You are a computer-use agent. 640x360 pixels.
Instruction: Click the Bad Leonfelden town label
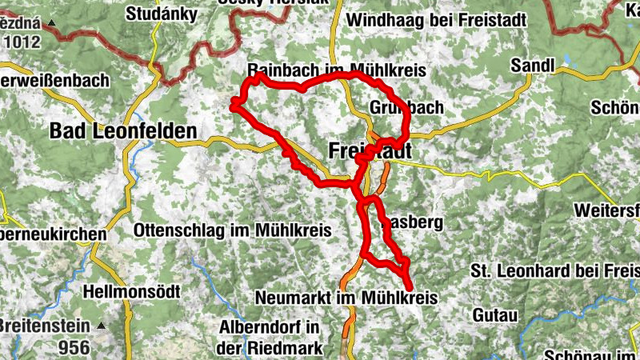point(123,131)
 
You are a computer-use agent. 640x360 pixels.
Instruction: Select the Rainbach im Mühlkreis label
point(336,70)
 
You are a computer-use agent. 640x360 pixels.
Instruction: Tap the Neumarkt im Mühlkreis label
point(346,298)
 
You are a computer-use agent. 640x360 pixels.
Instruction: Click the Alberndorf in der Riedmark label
point(269,338)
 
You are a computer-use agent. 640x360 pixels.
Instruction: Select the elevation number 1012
point(21,41)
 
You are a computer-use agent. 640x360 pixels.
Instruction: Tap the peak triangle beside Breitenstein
point(102,326)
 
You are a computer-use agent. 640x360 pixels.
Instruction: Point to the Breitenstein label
point(45,326)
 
